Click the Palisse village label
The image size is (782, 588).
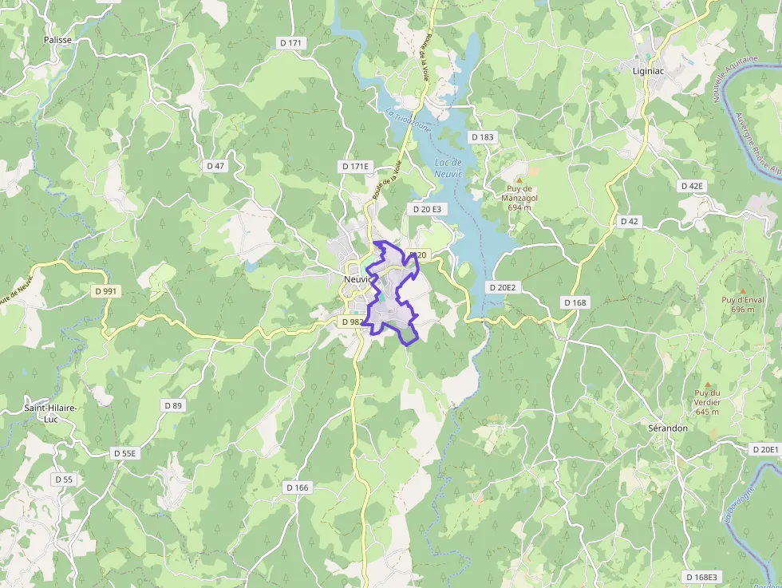tap(58, 39)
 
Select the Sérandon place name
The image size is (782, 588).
tap(667, 428)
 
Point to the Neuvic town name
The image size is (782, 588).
tap(357, 279)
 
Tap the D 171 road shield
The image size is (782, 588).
tap(291, 41)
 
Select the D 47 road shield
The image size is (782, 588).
tap(215, 166)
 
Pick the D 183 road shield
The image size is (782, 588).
tap(482, 137)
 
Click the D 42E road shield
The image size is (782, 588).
tap(692, 186)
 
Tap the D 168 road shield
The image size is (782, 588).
tap(575, 302)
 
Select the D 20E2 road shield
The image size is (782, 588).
tap(503, 287)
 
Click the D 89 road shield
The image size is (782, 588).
tap(173, 405)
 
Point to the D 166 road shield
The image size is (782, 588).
tap(297, 487)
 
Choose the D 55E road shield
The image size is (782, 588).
tap(125, 453)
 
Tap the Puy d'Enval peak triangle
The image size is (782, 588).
tap(743, 290)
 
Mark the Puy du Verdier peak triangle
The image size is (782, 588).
tap(707, 383)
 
